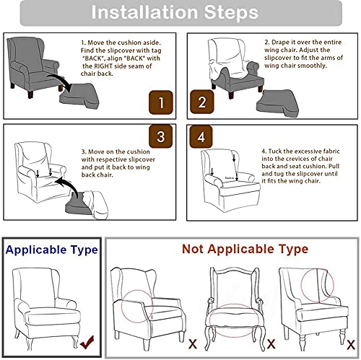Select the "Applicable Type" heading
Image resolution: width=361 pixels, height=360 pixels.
tap(51, 250)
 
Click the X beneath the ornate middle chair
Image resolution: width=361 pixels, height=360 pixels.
tap(271, 343)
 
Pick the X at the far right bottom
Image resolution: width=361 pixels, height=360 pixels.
tap(350, 343)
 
